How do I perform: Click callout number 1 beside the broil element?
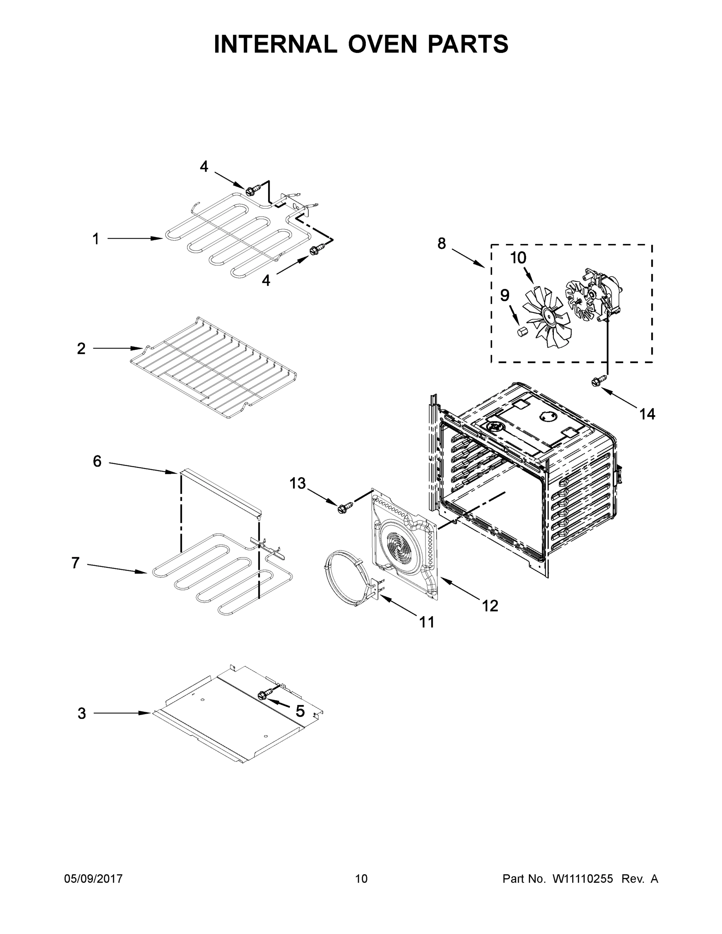[96, 239]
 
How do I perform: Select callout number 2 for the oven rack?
[81, 349]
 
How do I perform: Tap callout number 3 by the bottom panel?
[82, 713]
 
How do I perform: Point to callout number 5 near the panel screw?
[300, 711]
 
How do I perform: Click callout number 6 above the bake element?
[97, 462]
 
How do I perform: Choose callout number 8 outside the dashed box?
[441, 244]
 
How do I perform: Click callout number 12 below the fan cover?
[490, 606]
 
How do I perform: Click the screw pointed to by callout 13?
[343, 508]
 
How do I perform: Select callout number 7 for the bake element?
[75, 563]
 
